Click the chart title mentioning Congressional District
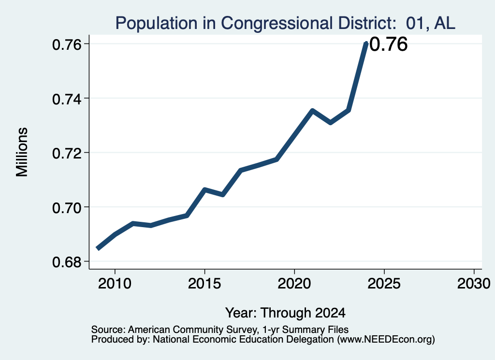click(x=285, y=23)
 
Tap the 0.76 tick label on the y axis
click(x=66, y=45)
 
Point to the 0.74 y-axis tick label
click(x=66, y=99)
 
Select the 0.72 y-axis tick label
click(x=66, y=153)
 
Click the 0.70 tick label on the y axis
click(x=66, y=208)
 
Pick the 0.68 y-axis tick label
click(x=66, y=262)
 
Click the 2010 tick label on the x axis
click(x=115, y=283)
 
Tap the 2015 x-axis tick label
click(x=204, y=283)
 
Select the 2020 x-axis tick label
click(x=294, y=283)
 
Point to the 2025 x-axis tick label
click(x=384, y=283)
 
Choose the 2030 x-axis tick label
click(x=474, y=283)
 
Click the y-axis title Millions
click(x=22, y=152)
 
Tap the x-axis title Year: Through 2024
click(x=285, y=313)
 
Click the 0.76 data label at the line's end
click(x=389, y=44)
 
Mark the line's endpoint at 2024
click(x=366, y=43)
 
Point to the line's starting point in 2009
click(x=97, y=249)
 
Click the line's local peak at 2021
click(x=312, y=111)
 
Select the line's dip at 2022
click(x=330, y=122)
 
